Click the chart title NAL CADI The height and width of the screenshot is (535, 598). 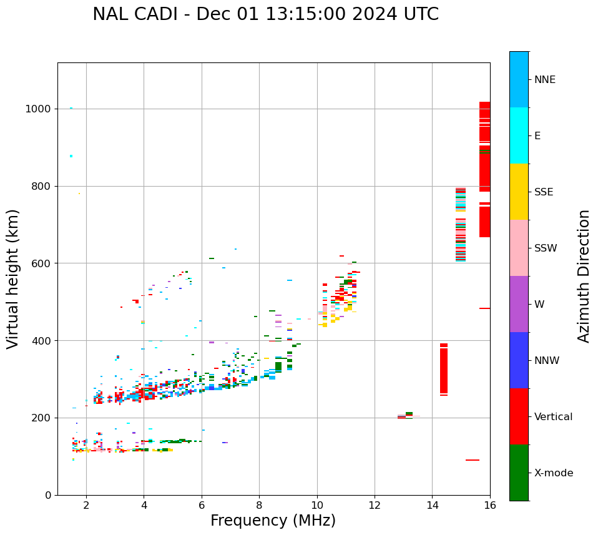pyautogui.click(x=265, y=14)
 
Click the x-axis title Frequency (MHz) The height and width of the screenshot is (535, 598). pyautogui.click(x=273, y=521)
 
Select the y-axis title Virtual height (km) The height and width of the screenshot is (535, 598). pyautogui.click(x=13, y=278)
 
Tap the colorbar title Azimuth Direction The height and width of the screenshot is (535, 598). pyautogui.click(x=584, y=276)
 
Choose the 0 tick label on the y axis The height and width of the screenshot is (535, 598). pyautogui.click(x=48, y=495)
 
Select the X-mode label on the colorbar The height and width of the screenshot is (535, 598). pyautogui.click(x=553, y=473)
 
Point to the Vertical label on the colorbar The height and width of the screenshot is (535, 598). pyautogui.click(x=553, y=417)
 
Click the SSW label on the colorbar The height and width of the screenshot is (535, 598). pyautogui.click(x=546, y=248)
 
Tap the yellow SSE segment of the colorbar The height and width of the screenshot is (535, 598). pyautogui.click(x=519, y=192)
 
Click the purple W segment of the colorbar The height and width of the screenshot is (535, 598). pyautogui.click(x=519, y=304)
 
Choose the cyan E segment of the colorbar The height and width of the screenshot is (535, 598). pyautogui.click(x=519, y=135)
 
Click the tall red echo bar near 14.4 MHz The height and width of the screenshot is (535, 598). pyautogui.click(x=444, y=368)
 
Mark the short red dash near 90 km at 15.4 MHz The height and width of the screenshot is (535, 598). pyautogui.click(x=473, y=460)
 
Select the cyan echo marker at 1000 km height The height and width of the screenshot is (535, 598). pyautogui.click(x=71, y=108)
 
